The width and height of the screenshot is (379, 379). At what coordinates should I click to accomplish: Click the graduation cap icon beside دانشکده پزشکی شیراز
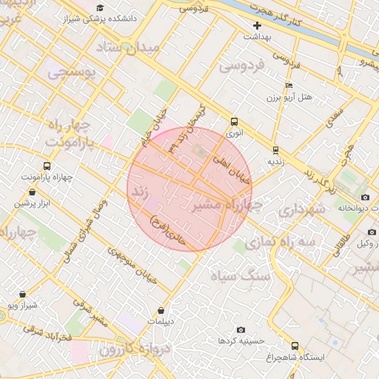click(x=100, y=8)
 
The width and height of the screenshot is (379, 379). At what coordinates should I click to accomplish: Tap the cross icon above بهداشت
click(x=257, y=25)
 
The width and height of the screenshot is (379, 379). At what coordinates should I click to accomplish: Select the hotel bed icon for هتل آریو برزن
click(x=288, y=85)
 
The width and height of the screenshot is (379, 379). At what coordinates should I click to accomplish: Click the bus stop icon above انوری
click(x=235, y=121)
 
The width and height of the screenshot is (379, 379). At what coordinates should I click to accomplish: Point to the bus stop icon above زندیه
click(x=275, y=148)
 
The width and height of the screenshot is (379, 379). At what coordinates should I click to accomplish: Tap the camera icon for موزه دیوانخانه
click(x=365, y=197)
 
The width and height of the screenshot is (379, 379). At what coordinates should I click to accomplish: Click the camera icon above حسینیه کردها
click(x=241, y=329)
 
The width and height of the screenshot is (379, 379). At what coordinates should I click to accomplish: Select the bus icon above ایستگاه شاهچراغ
click(x=295, y=346)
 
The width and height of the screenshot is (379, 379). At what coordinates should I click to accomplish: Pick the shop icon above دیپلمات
click(x=161, y=310)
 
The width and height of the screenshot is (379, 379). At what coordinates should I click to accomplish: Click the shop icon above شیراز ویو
click(x=23, y=293)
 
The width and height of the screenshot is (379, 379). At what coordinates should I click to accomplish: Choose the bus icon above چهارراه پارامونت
click(x=47, y=167)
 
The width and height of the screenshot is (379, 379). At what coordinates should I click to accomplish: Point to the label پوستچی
click(x=70, y=73)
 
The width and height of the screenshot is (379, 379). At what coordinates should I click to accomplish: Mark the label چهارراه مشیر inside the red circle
click(x=222, y=205)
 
